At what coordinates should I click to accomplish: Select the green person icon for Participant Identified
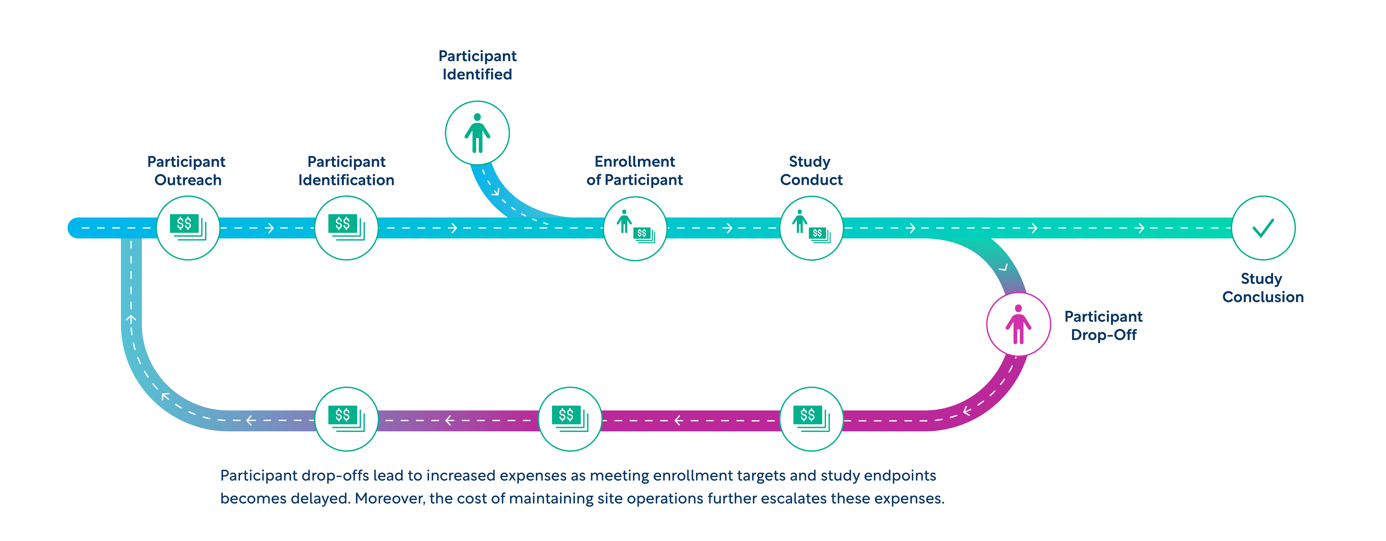coord(477,133)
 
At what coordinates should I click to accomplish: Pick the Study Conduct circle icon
coord(811,228)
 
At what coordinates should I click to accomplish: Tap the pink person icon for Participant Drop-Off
coord(1018,324)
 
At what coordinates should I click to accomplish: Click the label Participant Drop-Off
coord(1104,325)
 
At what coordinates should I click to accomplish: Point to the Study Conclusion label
coord(1263,288)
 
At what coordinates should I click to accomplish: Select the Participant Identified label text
coord(477,65)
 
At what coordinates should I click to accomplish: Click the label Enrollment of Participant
coord(635,170)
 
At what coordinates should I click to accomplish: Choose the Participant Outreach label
coord(187,170)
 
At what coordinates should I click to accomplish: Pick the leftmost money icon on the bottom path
coord(346,418)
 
